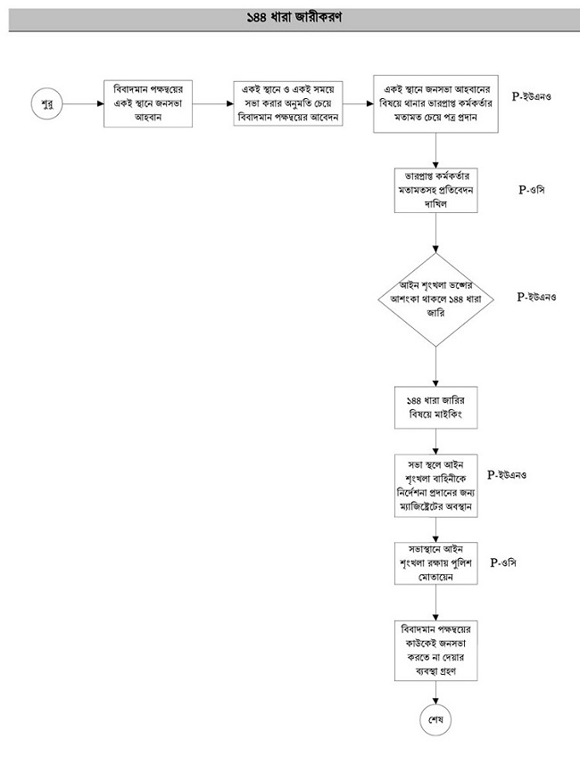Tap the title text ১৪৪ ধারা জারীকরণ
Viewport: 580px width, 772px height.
pos(294,18)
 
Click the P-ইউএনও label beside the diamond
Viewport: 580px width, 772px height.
pos(536,297)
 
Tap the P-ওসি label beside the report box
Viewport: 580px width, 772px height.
pos(532,190)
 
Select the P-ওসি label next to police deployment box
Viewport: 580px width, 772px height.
pos(503,563)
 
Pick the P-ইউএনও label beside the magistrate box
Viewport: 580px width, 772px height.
pos(507,474)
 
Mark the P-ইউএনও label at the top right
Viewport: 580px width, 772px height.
pos(532,96)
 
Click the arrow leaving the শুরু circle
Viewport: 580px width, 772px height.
pos(83,104)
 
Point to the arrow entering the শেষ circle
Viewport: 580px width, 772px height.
pos(435,693)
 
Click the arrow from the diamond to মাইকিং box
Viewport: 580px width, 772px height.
pos(435,366)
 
